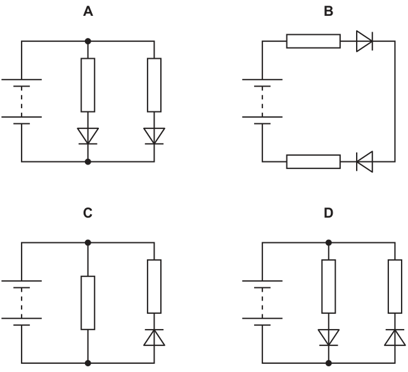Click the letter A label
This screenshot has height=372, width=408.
tap(88, 11)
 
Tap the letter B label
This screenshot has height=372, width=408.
tap(328, 11)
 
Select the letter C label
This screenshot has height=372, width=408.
tap(87, 213)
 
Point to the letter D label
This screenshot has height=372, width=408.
tap(328, 213)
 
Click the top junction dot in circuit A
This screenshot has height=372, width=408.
tap(88, 41)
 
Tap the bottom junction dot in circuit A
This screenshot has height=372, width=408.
tap(88, 161)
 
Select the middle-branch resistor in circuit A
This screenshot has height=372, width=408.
tap(88, 85)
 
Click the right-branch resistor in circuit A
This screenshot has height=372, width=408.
tap(155, 85)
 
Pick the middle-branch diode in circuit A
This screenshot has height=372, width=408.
tap(88, 136)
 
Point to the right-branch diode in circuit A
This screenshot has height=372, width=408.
tap(155, 136)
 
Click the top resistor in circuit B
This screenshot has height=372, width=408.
tap(313, 41)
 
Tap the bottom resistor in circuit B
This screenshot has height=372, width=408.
tap(313, 161)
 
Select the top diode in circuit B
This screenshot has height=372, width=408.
tap(364, 41)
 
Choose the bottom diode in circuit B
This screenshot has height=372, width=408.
tap(364, 161)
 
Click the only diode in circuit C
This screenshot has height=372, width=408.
tap(155, 337)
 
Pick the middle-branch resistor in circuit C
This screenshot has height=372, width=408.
tap(88, 303)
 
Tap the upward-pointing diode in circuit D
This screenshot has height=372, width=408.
tap(395, 337)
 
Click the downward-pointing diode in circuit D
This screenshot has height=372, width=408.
tap(329, 337)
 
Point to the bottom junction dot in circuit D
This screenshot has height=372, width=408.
tap(329, 363)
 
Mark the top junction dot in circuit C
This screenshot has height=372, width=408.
tap(88, 243)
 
